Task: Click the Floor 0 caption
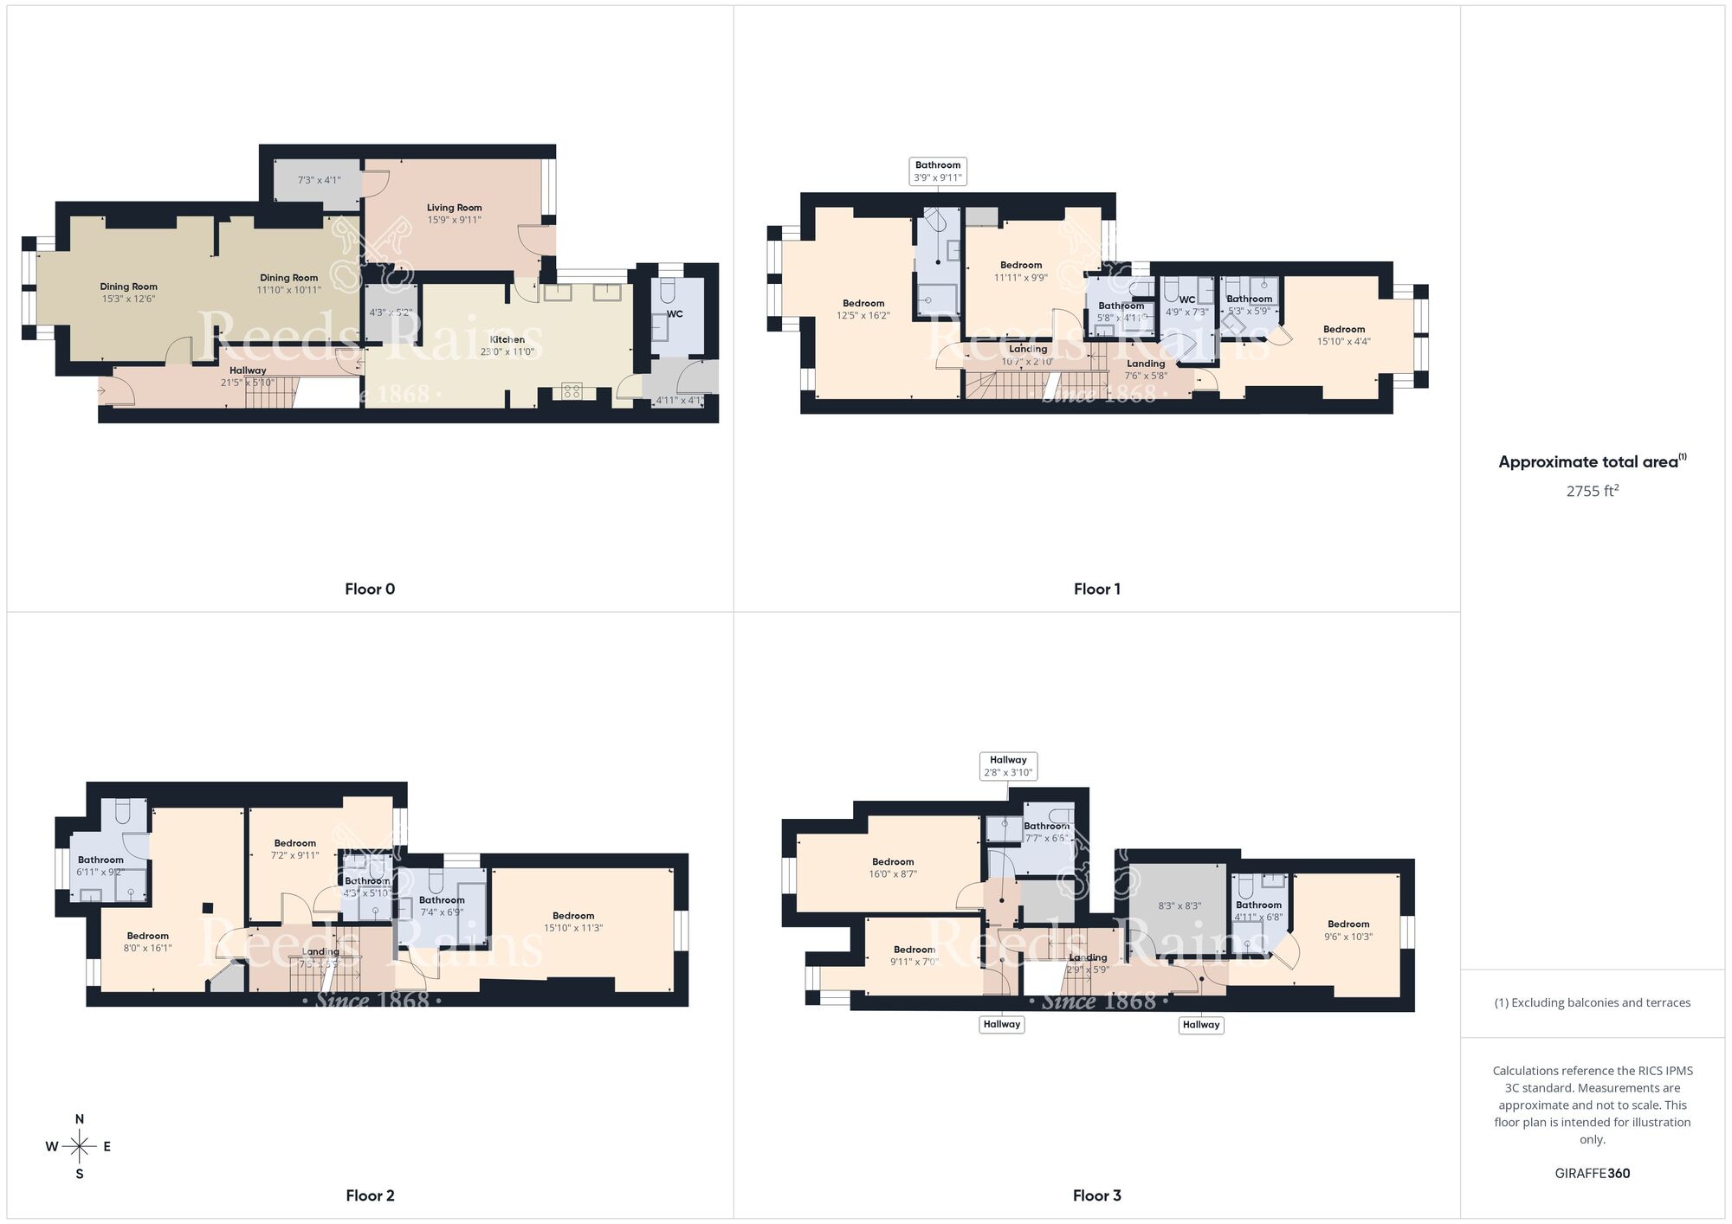click(370, 589)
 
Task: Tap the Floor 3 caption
click(1096, 1195)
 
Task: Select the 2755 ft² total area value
click(1592, 491)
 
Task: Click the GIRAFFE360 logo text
click(1592, 1174)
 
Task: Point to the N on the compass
click(80, 1119)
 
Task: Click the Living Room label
click(454, 208)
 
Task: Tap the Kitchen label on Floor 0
click(507, 339)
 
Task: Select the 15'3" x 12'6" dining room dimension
click(128, 299)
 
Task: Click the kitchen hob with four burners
click(572, 392)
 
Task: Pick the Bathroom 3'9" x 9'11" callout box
click(938, 171)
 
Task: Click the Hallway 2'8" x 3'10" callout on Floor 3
click(1008, 766)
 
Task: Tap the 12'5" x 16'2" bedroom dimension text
click(863, 316)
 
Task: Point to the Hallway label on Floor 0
click(248, 370)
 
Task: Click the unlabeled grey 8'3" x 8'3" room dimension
click(1179, 906)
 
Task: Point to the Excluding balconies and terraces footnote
click(1592, 1003)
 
